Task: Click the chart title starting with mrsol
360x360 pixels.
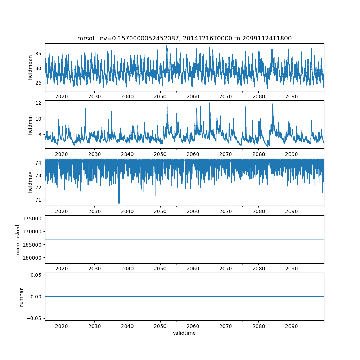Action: pos(184,38)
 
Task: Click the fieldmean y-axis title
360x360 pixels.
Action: pos(30,67)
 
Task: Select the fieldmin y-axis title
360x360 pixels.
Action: pos(30,125)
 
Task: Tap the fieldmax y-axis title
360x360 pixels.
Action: pos(30,182)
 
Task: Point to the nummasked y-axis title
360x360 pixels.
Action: pos(18,239)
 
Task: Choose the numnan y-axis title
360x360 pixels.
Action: pos(21,297)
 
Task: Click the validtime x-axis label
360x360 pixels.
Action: pos(184,333)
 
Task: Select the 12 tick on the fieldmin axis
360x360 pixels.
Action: pos(38,103)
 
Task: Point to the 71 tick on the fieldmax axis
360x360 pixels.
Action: pos(38,200)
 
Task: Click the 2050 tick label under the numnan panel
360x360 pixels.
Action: pos(160,326)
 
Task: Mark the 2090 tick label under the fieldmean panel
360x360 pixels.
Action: pos(291,96)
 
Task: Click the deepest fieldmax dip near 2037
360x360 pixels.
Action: pos(119,203)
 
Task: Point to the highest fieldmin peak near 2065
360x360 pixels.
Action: pos(210,103)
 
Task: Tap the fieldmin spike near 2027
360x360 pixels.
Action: pos(85,108)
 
